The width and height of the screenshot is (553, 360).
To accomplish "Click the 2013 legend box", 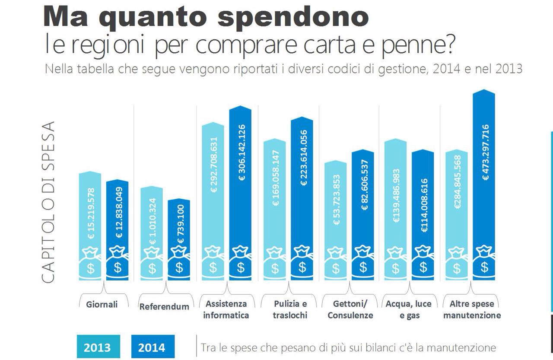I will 97,347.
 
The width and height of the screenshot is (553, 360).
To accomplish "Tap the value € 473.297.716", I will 485,152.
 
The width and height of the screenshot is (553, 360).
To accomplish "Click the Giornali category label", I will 102,304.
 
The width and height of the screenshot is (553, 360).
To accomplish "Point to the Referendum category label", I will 164,306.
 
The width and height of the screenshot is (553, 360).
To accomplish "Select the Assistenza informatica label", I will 226,309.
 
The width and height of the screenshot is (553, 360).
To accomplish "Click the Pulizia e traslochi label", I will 290,309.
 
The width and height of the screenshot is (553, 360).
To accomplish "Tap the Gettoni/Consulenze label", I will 350,309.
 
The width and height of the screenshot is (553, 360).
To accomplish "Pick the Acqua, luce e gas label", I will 409,309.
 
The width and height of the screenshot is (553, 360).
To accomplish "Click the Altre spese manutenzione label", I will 472,309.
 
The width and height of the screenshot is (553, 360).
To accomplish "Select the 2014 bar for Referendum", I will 179,225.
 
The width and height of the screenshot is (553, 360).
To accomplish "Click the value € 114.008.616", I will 424,205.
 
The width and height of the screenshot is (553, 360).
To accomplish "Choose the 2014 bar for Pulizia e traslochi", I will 302,182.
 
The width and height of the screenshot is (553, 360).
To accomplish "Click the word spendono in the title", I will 293,17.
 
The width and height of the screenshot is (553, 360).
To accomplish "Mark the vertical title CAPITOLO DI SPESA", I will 48,202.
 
